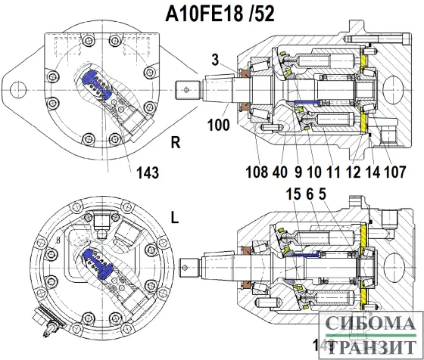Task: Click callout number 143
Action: pos(148,173)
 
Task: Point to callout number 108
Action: pos(257,171)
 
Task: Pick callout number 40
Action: pos(280,171)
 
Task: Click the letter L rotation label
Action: pos(175,218)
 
